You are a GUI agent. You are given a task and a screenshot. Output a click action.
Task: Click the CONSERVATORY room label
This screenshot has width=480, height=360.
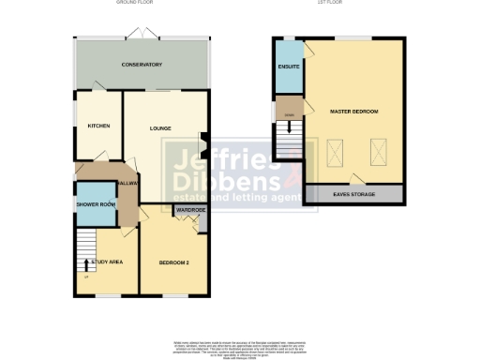(142, 65)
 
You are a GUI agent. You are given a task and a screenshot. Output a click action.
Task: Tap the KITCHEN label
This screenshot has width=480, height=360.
(99, 126)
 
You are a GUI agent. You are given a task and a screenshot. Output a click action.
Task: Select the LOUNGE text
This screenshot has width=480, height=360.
(160, 127)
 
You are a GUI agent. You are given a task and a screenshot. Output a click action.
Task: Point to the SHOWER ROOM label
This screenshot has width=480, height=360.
(96, 204)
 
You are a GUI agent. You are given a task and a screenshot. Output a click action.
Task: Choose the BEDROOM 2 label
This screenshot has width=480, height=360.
(173, 262)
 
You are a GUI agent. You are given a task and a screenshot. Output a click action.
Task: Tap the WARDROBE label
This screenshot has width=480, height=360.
(190, 211)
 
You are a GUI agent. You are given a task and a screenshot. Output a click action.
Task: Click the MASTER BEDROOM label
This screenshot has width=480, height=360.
(353, 112)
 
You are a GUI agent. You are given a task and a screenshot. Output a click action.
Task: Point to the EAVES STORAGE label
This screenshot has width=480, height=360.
(353, 194)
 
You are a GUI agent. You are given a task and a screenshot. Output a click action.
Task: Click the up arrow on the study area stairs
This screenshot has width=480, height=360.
(87, 263)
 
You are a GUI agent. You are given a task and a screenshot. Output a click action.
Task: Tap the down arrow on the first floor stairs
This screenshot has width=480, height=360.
(289, 131)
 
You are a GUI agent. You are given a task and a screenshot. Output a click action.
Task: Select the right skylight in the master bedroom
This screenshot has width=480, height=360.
(378, 150)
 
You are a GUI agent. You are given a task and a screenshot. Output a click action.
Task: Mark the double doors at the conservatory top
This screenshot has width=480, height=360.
(142, 33)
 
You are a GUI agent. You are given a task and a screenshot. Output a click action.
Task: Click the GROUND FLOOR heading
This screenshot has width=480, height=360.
(134, 4)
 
